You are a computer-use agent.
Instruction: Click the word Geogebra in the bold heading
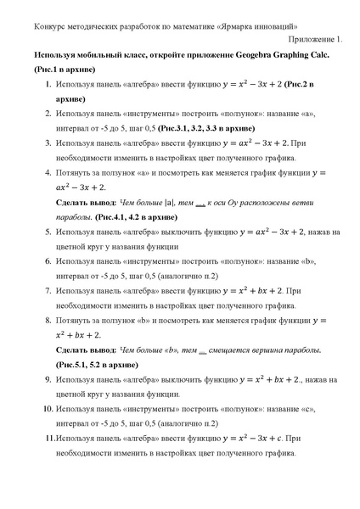pyautogui.click(x=256, y=52)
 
